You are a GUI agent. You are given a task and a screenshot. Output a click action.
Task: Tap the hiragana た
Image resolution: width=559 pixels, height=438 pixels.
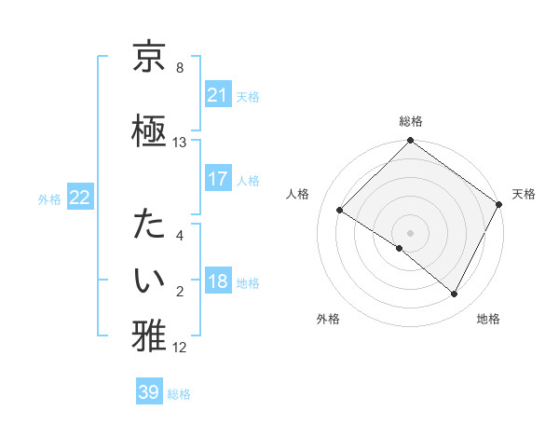(149, 226)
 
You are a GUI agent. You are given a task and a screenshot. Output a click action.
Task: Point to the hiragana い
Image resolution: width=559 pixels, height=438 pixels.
(149, 278)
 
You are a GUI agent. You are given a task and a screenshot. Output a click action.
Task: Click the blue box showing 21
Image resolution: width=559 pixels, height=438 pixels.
(218, 95)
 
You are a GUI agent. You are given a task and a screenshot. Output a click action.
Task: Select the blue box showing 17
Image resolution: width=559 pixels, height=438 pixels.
(218, 179)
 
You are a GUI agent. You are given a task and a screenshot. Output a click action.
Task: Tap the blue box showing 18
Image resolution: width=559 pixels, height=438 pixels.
(218, 282)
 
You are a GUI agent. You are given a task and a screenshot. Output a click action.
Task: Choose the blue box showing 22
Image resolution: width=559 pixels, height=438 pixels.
(80, 198)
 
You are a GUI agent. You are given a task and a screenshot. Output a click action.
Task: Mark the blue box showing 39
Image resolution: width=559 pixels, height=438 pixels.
(149, 392)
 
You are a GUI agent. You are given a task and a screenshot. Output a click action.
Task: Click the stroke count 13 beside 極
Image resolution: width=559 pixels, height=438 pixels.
(180, 143)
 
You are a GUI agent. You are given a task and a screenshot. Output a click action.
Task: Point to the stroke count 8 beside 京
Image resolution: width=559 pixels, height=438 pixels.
(180, 68)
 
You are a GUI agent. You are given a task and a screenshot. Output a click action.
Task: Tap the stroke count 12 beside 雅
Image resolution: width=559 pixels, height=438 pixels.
(180, 348)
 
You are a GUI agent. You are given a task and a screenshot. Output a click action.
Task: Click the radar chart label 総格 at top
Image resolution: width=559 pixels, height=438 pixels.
(410, 121)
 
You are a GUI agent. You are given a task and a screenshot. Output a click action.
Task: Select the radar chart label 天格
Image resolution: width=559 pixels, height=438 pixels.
(524, 194)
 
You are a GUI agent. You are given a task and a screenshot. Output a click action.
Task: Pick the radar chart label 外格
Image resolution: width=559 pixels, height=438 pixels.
(328, 319)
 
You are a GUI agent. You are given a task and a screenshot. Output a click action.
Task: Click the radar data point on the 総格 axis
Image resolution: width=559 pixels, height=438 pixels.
(410, 141)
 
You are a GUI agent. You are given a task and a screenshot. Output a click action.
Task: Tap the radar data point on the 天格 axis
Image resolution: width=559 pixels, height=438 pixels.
(499, 204)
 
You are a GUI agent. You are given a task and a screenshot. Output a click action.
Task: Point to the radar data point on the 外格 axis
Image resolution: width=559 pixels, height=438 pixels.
(400, 249)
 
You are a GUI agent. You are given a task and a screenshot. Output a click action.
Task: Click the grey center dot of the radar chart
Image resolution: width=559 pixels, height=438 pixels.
(410, 232)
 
